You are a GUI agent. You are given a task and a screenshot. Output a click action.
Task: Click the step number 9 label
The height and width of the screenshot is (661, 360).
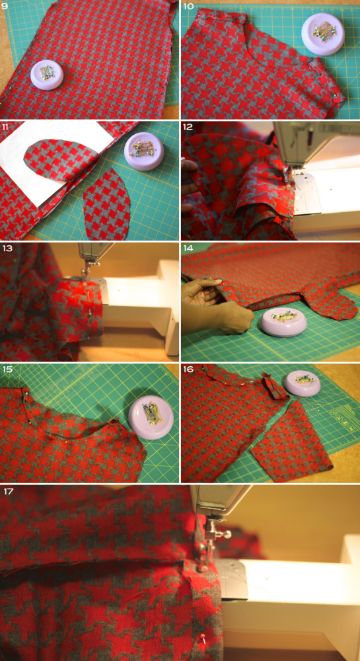point(5,7)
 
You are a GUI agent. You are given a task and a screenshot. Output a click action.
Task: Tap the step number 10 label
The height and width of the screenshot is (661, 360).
point(188,7)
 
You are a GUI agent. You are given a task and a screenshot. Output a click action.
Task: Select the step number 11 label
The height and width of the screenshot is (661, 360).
point(7,127)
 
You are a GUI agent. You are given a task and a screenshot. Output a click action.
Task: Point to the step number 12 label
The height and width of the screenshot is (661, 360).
point(189,127)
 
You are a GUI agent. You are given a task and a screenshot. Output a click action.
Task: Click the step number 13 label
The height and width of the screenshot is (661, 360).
point(7,248)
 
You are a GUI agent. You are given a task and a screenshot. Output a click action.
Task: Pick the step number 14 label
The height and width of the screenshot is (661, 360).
point(189,248)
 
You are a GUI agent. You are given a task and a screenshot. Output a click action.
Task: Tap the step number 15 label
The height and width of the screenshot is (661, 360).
point(7,369)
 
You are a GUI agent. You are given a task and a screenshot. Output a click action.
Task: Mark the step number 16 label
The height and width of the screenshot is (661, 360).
point(189,369)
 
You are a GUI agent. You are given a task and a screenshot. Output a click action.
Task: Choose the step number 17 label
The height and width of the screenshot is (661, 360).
point(7,491)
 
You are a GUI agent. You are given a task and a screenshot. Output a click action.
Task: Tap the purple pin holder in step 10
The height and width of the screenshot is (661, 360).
point(323,33)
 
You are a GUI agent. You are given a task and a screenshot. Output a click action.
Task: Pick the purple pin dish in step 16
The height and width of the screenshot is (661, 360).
point(302,383)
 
